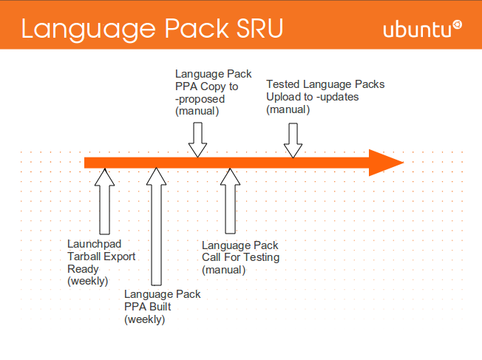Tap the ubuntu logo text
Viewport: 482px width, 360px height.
pyautogui.click(x=417, y=30)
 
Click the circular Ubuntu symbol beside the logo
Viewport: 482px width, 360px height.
pyautogui.click(x=458, y=24)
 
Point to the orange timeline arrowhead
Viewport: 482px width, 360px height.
pyautogui.click(x=386, y=163)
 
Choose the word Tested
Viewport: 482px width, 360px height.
pyautogui.click(x=282, y=85)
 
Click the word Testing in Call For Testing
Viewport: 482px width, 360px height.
pyautogui.click(x=262, y=257)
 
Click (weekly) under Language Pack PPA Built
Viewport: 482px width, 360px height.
pyautogui.click(x=144, y=319)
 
